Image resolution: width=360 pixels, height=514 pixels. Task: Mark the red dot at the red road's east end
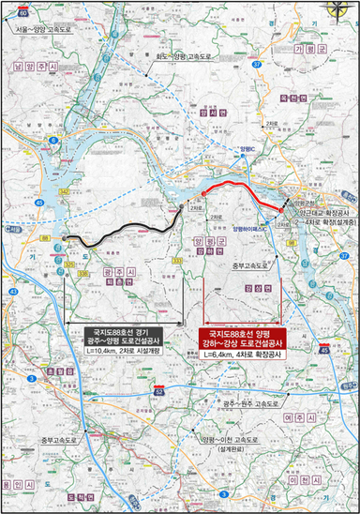(281, 210)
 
